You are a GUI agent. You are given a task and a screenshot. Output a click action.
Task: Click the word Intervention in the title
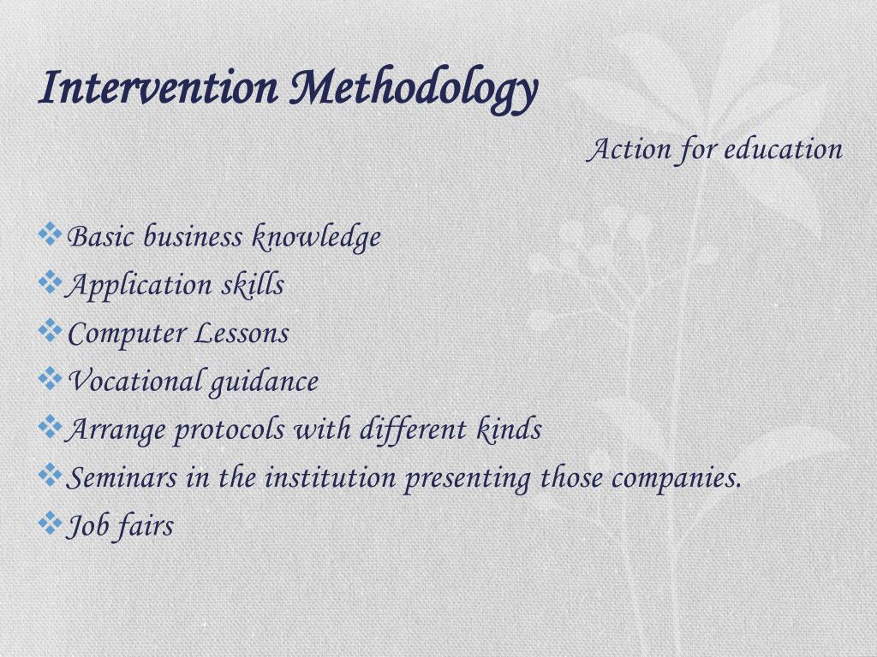pos(158,88)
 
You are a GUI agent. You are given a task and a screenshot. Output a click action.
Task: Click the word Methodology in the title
pos(414,90)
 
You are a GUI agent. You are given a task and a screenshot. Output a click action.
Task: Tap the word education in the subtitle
pos(784,150)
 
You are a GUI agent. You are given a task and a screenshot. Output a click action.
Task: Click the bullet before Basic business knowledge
pos(51,233)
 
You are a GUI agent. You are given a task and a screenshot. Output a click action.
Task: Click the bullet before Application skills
pos(51,281)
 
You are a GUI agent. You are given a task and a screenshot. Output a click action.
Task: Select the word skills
pos(253,285)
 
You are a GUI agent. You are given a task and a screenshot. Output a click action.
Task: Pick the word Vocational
pos(134,381)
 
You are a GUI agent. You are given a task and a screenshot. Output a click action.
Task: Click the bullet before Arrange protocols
pos(51,425)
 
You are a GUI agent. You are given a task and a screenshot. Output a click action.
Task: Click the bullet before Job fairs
pos(51,521)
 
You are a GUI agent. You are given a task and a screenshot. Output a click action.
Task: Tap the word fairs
pos(146,525)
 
